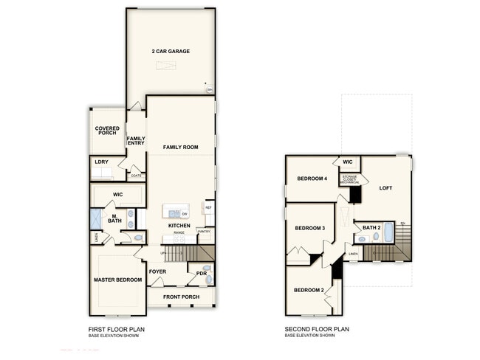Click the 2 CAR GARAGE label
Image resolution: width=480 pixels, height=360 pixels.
click(171, 52)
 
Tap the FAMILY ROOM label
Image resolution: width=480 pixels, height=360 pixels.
click(181, 148)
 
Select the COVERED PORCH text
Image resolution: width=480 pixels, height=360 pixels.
click(107, 131)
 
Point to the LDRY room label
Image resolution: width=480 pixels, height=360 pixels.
click(102, 161)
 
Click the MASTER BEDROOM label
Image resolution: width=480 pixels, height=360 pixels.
click(117, 280)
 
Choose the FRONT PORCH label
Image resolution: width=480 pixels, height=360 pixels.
click(181, 297)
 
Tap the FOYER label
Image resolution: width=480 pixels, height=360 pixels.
click(157, 271)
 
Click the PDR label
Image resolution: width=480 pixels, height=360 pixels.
click(201, 273)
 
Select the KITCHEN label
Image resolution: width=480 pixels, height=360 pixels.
click(179, 226)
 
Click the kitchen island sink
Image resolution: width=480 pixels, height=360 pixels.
click(174, 213)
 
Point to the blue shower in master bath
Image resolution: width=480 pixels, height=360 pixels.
click(96, 218)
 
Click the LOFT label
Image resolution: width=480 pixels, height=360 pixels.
click(385, 188)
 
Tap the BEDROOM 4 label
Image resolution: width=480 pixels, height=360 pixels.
click(312, 179)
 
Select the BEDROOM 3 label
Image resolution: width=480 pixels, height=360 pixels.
click(310, 228)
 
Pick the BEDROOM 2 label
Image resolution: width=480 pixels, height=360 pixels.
click(309, 290)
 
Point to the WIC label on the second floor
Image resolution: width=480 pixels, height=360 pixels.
click(347, 162)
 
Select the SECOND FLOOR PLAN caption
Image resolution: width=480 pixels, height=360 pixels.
click(317, 330)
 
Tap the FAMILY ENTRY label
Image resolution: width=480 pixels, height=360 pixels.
click(136, 140)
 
